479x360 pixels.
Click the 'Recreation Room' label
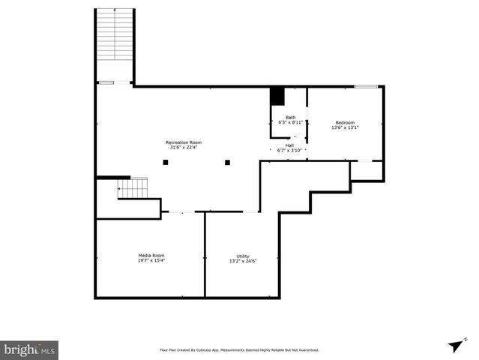click(x=184, y=142)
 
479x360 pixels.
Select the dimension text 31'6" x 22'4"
click(x=184, y=147)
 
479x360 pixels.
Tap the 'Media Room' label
click(x=151, y=255)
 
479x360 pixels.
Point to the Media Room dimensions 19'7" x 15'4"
click(x=151, y=260)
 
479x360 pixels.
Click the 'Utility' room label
click(x=243, y=256)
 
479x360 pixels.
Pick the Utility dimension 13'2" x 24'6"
click(x=243, y=261)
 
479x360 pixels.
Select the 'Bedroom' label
click(x=345, y=122)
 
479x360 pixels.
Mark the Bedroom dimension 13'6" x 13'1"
click(x=345, y=127)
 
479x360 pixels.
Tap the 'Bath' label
click(x=290, y=117)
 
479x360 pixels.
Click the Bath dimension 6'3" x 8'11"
click(x=290, y=122)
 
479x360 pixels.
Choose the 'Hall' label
click(x=289, y=145)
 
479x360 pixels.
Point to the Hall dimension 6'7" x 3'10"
click(x=289, y=151)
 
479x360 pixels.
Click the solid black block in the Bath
click(x=277, y=96)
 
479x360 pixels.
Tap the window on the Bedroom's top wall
click(x=366, y=87)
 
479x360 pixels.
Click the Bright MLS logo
click(x=29, y=349)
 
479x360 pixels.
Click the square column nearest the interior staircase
click(x=165, y=162)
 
